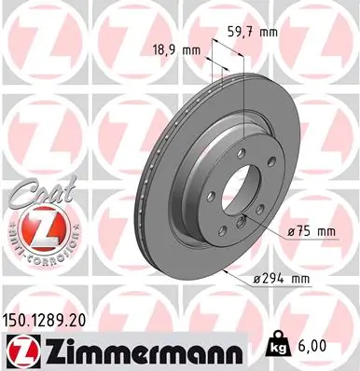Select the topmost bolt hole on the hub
[x=228, y=151]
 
